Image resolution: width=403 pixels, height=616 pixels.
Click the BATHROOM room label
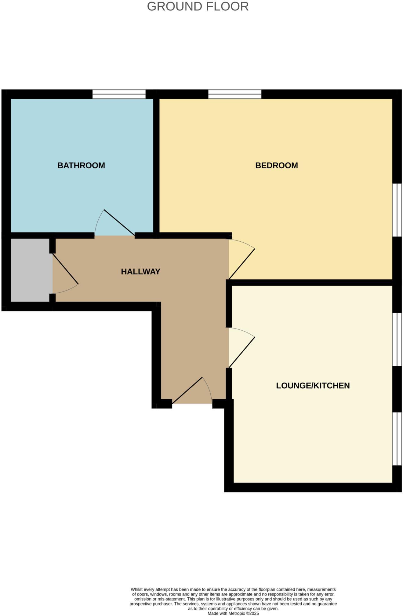click(x=81, y=165)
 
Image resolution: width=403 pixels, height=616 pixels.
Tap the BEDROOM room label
click(x=276, y=165)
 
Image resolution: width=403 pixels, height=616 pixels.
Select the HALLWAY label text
click(x=140, y=271)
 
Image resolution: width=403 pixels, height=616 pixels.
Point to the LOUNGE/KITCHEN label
click(x=313, y=385)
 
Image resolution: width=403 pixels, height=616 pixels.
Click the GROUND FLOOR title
click(x=198, y=7)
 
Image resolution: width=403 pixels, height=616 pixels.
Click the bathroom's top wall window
click(x=119, y=94)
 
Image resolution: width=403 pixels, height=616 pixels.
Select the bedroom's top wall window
click(x=235, y=94)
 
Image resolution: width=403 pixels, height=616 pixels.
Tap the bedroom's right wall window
click(x=397, y=210)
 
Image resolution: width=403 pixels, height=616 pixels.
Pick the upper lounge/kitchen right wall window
click(x=397, y=339)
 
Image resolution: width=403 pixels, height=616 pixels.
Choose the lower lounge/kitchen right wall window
click(x=397, y=439)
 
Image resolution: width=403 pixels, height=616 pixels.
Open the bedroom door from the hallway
click(x=241, y=260)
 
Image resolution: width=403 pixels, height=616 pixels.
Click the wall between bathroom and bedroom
click(x=156, y=165)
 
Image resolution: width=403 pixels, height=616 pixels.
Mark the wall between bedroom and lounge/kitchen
click(x=311, y=282)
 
